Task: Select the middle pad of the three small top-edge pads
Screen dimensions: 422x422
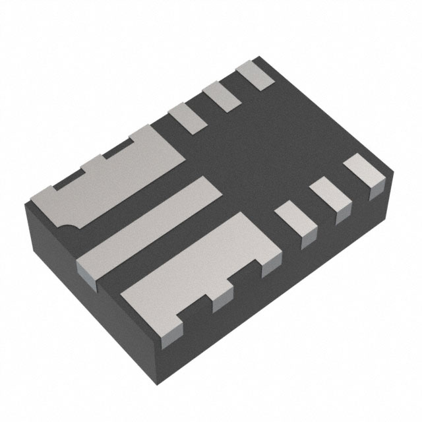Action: tap(220, 94)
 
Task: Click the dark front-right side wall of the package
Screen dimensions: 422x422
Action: tap(290, 290)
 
